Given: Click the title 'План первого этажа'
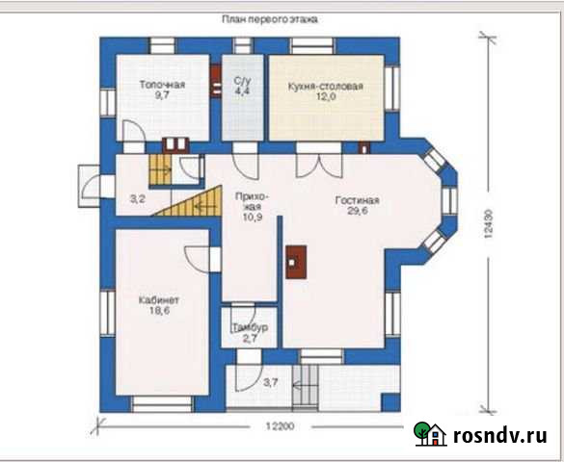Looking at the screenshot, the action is click(269, 19).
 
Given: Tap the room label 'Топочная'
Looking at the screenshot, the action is click(162, 85).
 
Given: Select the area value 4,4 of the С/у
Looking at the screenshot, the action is click(242, 90).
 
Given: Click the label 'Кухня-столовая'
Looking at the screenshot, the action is click(325, 87).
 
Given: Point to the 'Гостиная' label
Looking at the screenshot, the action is click(357, 200).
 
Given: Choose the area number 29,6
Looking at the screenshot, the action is click(358, 211).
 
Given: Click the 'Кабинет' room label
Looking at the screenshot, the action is click(159, 299).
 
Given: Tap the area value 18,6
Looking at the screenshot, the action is click(160, 311).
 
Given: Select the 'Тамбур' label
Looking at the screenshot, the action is click(250, 327).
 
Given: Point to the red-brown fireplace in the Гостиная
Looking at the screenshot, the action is click(296, 262).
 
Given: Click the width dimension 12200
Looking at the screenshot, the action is click(280, 426).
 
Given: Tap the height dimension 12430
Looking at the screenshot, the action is click(488, 224).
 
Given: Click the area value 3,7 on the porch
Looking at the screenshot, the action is click(271, 383).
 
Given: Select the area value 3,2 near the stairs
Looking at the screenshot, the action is click(137, 198).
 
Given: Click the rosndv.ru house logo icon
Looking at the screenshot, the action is click(430, 434).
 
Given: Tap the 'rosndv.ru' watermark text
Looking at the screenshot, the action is click(500, 435).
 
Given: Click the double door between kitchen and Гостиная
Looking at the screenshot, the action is click(319, 166).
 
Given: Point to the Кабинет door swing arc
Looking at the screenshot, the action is click(197, 260).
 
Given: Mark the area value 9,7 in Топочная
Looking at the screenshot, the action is click(162, 95).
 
